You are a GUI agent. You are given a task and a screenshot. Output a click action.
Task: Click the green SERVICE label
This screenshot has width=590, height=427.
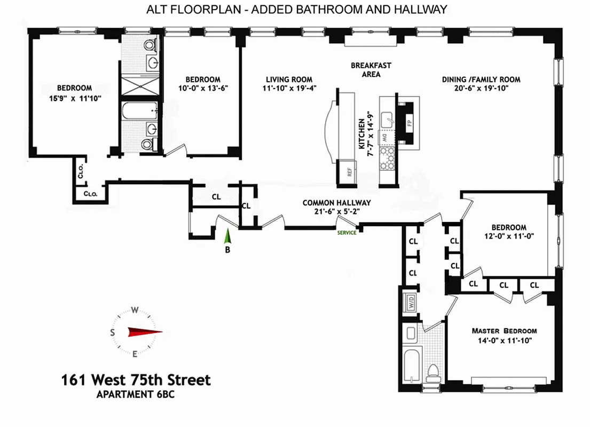[x=347, y=233]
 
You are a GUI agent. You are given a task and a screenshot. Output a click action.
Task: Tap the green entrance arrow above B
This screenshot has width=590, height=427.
[x=227, y=236]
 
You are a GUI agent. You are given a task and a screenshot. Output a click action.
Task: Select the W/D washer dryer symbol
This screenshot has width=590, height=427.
[x=411, y=302]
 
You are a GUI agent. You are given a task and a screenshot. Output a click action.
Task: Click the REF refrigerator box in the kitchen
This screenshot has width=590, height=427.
[x=350, y=172]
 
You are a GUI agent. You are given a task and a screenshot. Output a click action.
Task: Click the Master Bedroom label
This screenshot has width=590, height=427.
[x=504, y=331]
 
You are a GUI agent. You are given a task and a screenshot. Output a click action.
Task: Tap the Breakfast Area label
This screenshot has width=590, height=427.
[x=371, y=69]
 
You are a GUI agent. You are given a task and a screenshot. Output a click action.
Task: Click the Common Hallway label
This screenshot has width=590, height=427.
[x=336, y=203]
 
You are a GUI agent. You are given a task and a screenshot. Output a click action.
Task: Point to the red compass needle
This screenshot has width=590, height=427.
[x=145, y=331]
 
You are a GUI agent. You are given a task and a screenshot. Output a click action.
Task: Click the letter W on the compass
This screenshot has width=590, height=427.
[x=136, y=310]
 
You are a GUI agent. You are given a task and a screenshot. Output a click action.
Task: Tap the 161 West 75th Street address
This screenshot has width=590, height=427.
[x=136, y=380]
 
